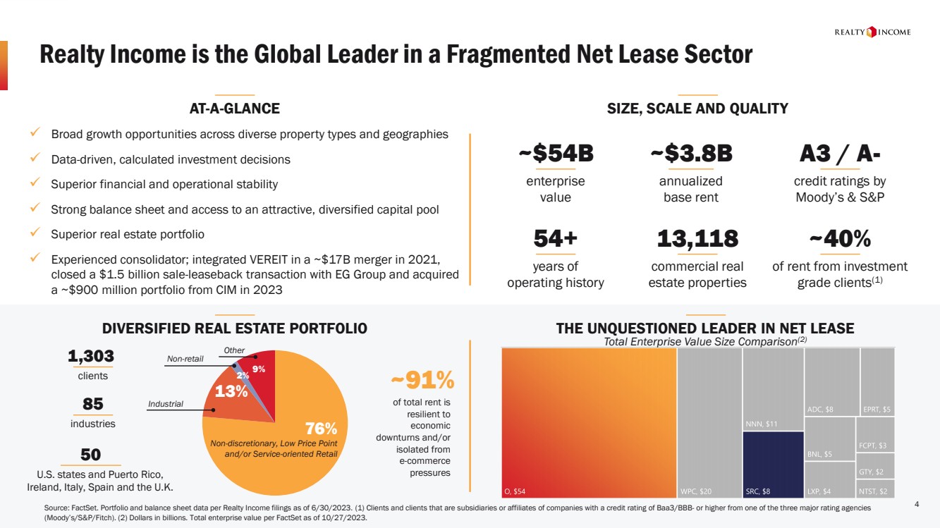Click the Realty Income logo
click(x=872, y=32)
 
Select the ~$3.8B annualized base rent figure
click(x=690, y=153)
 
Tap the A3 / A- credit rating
click(x=839, y=153)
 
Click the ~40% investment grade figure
click(x=839, y=239)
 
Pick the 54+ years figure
click(x=555, y=239)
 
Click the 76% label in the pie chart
click(x=321, y=429)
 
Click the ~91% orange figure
click(x=422, y=380)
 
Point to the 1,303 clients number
click(x=91, y=357)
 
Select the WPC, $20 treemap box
click(x=709, y=423)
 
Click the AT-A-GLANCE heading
click(x=234, y=109)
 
